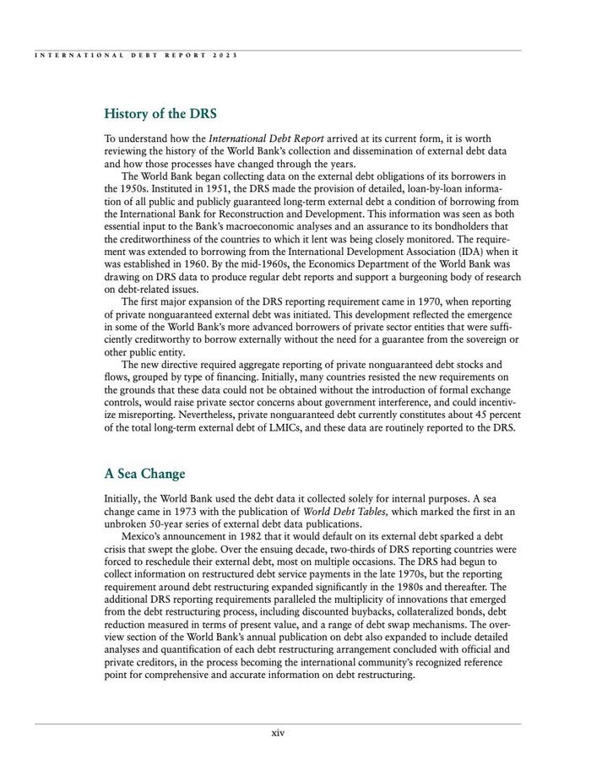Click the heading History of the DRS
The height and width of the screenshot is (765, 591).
coord(160,112)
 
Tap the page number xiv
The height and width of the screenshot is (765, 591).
coord(278,733)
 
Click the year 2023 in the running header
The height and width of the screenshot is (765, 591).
coord(225,56)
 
